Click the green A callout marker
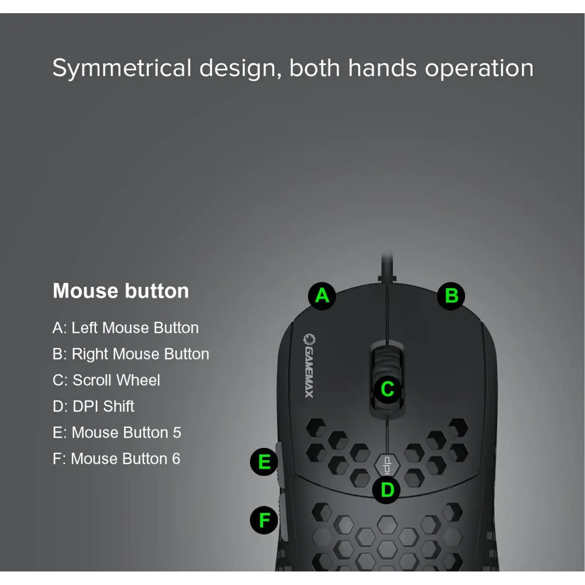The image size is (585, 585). pyautogui.click(x=322, y=296)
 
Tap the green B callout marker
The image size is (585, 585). pyautogui.click(x=451, y=296)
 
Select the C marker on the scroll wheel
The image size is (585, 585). pyautogui.click(x=387, y=389)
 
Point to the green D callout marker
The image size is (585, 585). pyautogui.click(x=387, y=490)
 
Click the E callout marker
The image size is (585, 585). pyautogui.click(x=264, y=462)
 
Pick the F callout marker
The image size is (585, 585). pyautogui.click(x=264, y=520)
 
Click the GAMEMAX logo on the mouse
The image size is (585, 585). pyautogui.click(x=309, y=366)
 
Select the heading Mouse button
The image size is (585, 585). pyautogui.click(x=121, y=291)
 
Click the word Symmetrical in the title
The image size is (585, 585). pyautogui.click(x=122, y=68)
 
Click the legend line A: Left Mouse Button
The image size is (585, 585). pyautogui.click(x=125, y=328)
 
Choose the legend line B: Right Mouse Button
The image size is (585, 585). pyautogui.click(x=131, y=354)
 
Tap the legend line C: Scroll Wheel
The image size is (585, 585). pyautogui.click(x=106, y=380)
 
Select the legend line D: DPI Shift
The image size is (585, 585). pyautogui.click(x=93, y=406)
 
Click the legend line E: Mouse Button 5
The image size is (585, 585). pyautogui.click(x=117, y=433)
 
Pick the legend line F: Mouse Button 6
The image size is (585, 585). pyautogui.click(x=116, y=458)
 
